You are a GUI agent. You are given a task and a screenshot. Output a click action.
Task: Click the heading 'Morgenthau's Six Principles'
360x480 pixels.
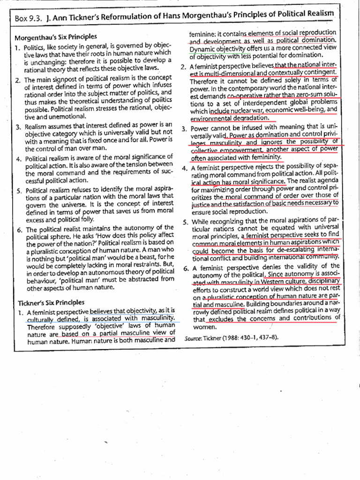pos(56,37)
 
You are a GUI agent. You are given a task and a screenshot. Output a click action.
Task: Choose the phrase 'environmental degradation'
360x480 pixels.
pos(230,118)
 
